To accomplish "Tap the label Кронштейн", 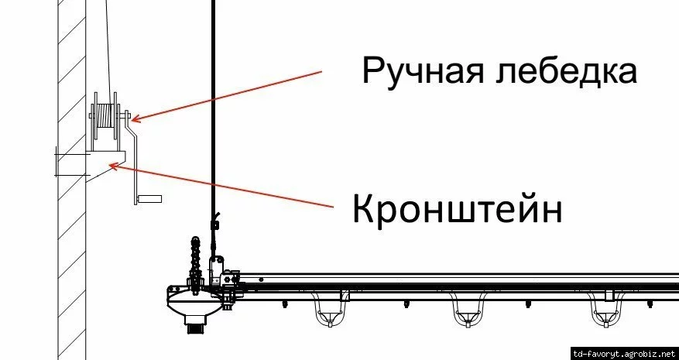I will pos(457,208).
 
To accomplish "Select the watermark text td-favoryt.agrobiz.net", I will pos(623,352).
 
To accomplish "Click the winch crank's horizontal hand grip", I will pos(149,200).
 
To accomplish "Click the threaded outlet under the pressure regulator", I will pos(194,327).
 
